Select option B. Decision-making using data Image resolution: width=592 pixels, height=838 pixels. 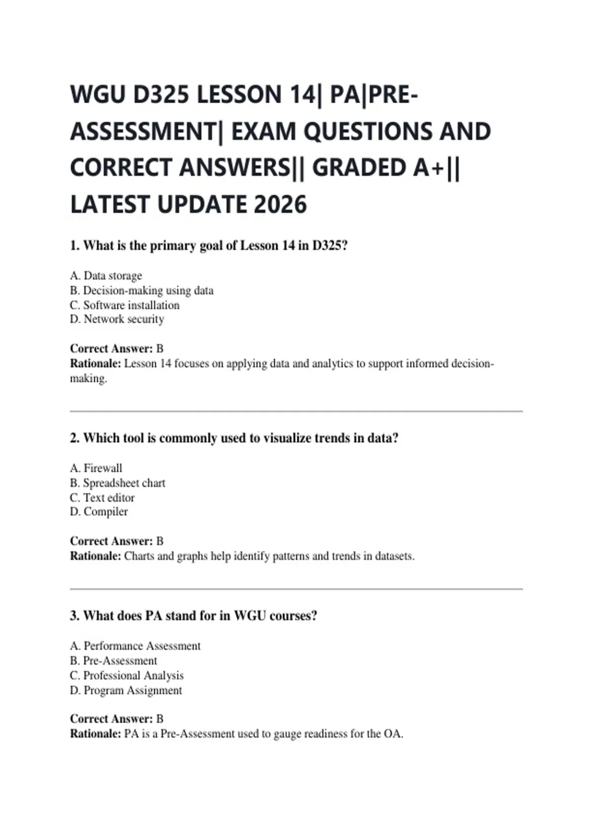click(x=142, y=290)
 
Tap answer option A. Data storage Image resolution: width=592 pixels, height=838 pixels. click(x=106, y=276)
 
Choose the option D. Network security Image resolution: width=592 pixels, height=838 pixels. click(x=117, y=319)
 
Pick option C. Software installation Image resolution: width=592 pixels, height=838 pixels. click(x=125, y=305)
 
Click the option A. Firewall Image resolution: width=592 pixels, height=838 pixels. click(x=96, y=468)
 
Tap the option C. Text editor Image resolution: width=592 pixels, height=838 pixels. click(x=102, y=497)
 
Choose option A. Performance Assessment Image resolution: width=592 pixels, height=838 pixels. click(x=135, y=646)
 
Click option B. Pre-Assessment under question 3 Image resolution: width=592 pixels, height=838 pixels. click(x=113, y=661)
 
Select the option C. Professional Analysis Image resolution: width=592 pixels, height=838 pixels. click(x=127, y=675)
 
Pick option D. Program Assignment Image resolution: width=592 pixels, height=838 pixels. click(x=126, y=690)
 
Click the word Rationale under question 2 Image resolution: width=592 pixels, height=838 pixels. click(x=95, y=556)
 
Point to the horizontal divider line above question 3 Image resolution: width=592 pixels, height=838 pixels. click(x=296, y=589)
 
